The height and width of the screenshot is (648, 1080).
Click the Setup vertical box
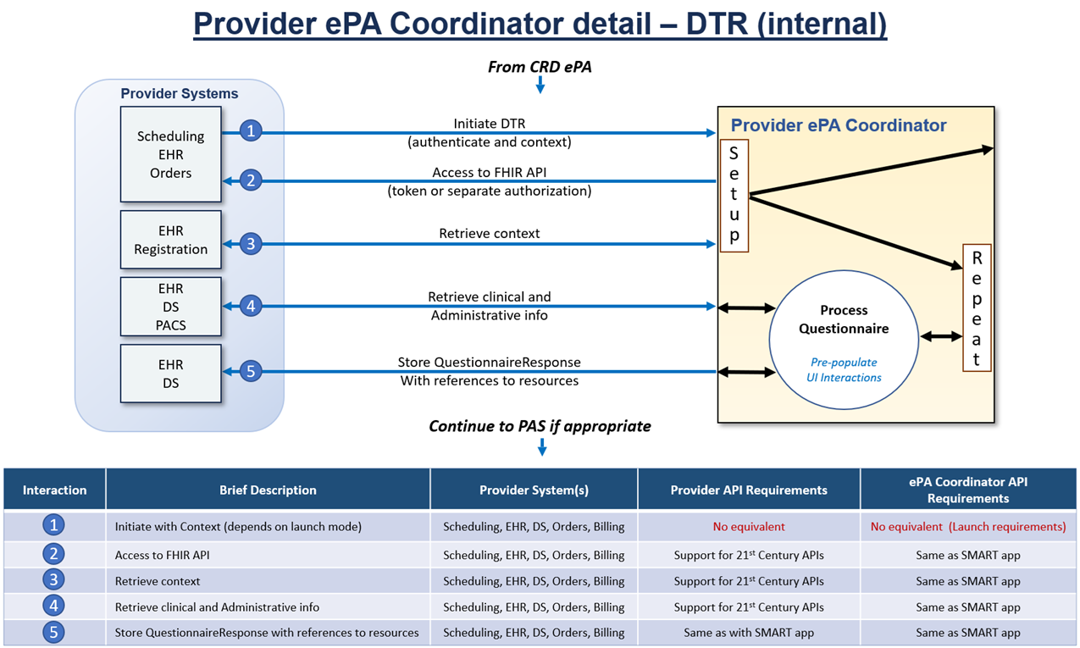734,196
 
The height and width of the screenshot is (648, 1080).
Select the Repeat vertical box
976,308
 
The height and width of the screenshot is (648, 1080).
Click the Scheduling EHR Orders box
170,154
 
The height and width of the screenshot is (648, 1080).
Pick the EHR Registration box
170,240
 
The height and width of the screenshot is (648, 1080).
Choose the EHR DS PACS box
170,307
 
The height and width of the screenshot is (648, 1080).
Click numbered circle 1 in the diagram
250,131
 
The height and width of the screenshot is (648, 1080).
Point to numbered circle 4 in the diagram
250,306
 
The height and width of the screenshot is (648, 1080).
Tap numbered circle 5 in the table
54,632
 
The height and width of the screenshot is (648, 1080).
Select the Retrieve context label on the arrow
490,234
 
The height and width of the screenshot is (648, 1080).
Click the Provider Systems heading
180,94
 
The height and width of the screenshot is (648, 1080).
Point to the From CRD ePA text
540,67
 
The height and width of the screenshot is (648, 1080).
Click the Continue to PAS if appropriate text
540,426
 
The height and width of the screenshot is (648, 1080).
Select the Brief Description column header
268,490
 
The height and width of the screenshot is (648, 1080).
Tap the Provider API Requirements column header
749,490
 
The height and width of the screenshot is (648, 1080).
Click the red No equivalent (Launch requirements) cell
968,527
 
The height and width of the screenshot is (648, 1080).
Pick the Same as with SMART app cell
749,633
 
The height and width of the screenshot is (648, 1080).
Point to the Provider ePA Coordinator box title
839,126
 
